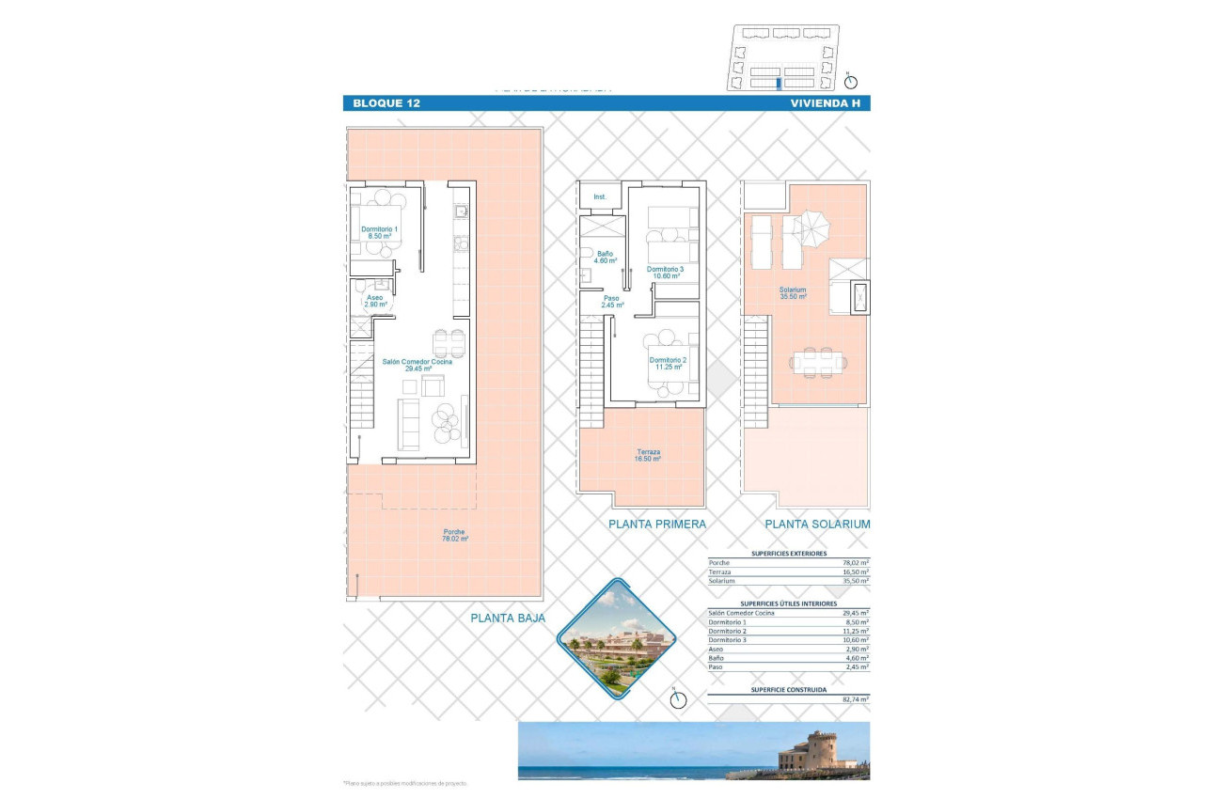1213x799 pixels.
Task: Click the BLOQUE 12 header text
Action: tap(386, 103)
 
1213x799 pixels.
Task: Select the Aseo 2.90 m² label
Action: tap(375, 301)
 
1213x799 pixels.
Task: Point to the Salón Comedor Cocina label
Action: tap(417, 365)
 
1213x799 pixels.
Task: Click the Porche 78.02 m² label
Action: tap(455, 536)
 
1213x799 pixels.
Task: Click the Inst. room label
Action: tap(600, 197)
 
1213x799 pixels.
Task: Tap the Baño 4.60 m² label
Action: tap(606, 257)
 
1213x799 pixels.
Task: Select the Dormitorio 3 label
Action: tap(666, 273)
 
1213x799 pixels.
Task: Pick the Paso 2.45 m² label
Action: tap(613, 301)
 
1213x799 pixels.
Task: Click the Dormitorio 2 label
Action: tap(667, 364)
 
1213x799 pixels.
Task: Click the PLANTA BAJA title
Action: tap(509, 618)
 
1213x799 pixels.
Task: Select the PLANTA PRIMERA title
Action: tap(656, 525)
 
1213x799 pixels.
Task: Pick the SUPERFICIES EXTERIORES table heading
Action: tap(788, 554)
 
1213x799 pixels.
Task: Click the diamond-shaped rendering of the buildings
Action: tap(618, 640)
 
